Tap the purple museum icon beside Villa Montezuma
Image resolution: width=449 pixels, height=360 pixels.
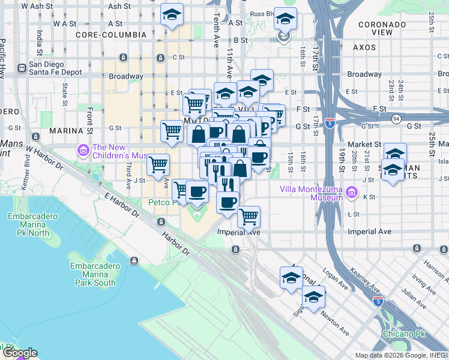(x=352, y=193)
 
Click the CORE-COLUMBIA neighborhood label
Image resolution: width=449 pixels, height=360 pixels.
(x=111, y=35)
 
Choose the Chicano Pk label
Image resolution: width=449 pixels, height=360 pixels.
(x=403, y=333)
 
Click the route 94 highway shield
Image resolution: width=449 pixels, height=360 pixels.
(x=397, y=119)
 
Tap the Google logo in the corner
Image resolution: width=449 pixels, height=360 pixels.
(x=19, y=353)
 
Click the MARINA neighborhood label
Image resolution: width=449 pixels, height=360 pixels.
(x=66, y=130)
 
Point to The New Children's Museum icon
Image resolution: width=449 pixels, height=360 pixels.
(x=82, y=149)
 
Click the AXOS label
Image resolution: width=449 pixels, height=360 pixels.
(x=364, y=46)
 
